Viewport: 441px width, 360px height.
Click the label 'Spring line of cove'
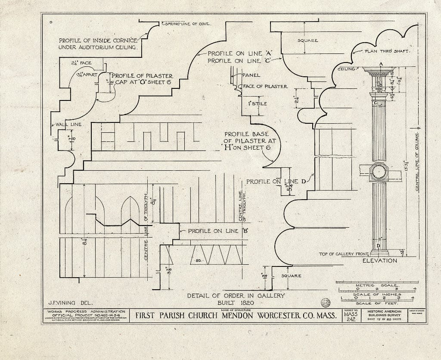[186, 24]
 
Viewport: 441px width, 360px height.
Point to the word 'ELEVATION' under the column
[379, 261]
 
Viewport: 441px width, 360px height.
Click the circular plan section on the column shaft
[379, 172]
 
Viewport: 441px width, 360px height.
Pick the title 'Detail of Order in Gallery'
[236, 295]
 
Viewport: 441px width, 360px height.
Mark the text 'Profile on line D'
[276, 182]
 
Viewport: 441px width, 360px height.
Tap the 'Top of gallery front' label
[344, 254]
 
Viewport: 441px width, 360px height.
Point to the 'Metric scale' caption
[378, 285]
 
